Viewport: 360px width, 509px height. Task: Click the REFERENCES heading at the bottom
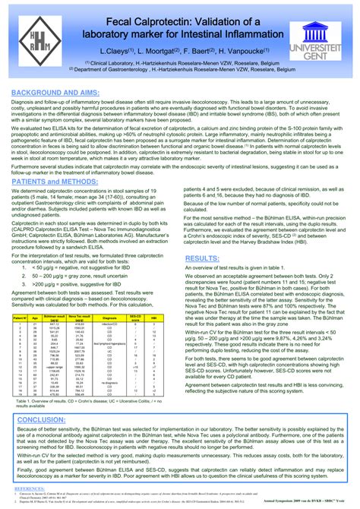point(29,489)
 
